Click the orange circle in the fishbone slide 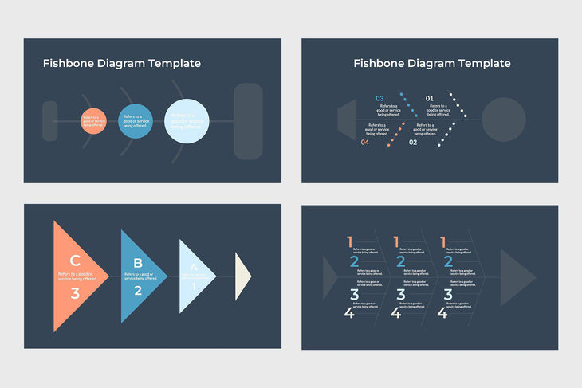(92, 121)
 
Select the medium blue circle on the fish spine (135, 121)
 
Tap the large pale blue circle (187, 121)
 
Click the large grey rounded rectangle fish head (248, 121)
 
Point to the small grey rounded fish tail (49, 121)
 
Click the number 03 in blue (379, 99)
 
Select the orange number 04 (365, 143)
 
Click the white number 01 (430, 99)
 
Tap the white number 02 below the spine (413, 143)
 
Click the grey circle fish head (503, 120)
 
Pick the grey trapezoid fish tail (346, 120)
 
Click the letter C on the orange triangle (75, 260)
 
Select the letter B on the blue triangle (137, 263)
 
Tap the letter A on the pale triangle (193, 268)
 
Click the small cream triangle (242, 277)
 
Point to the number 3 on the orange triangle (75, 293)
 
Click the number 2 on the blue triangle (137, 290)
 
